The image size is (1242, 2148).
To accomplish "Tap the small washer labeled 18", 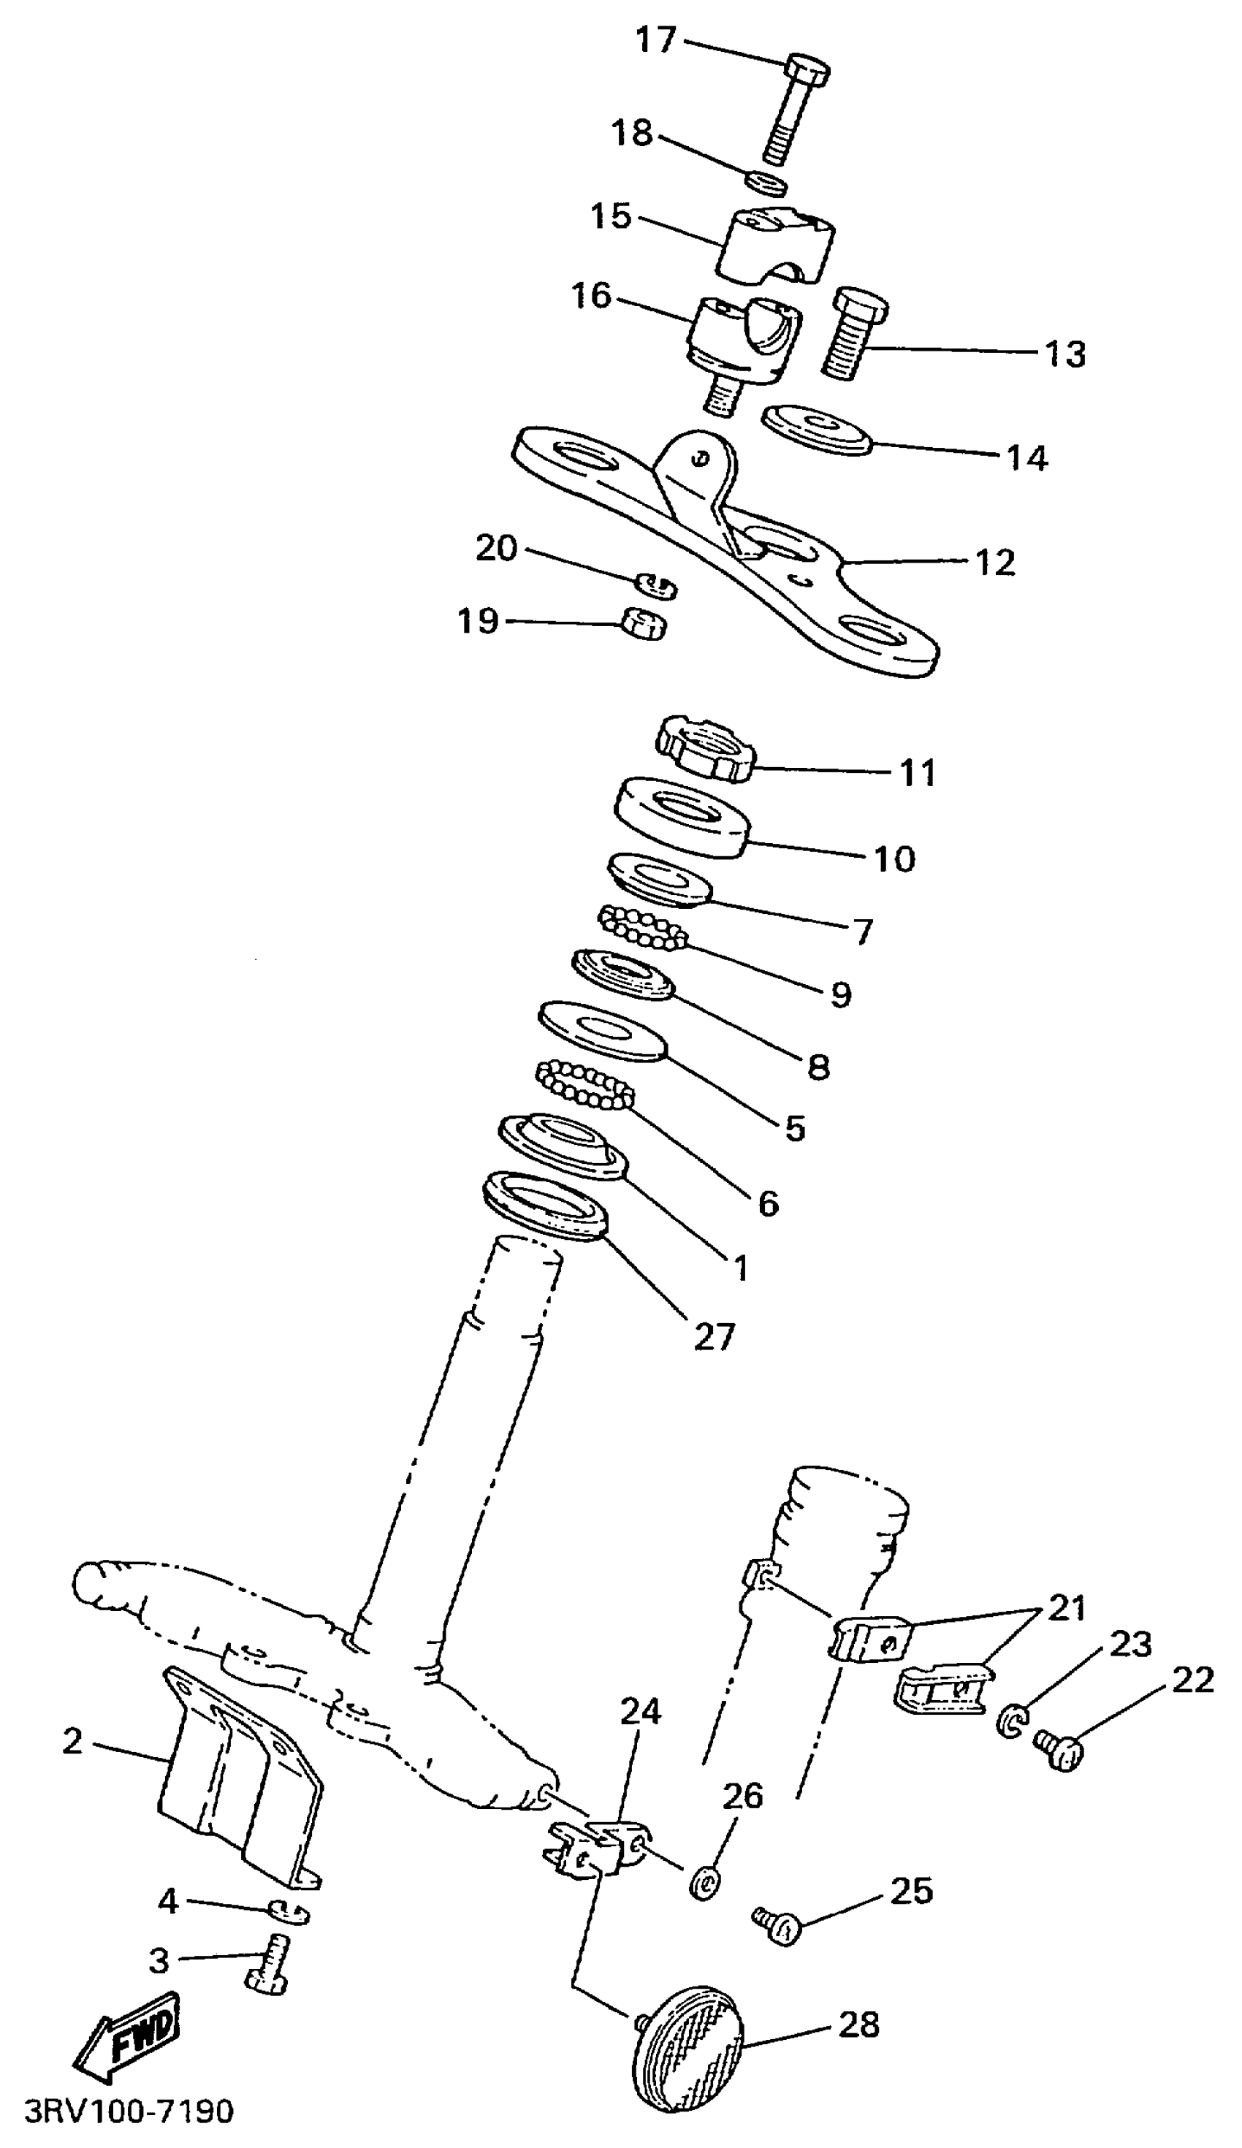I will (x=766, y=183).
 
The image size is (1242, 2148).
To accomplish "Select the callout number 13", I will (x=1065, y=354).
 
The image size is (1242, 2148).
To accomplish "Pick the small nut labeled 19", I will (x=643, y=624).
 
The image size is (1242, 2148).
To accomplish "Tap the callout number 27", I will (x=715, y=1336).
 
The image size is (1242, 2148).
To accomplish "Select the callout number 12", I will (x=996, y=563).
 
